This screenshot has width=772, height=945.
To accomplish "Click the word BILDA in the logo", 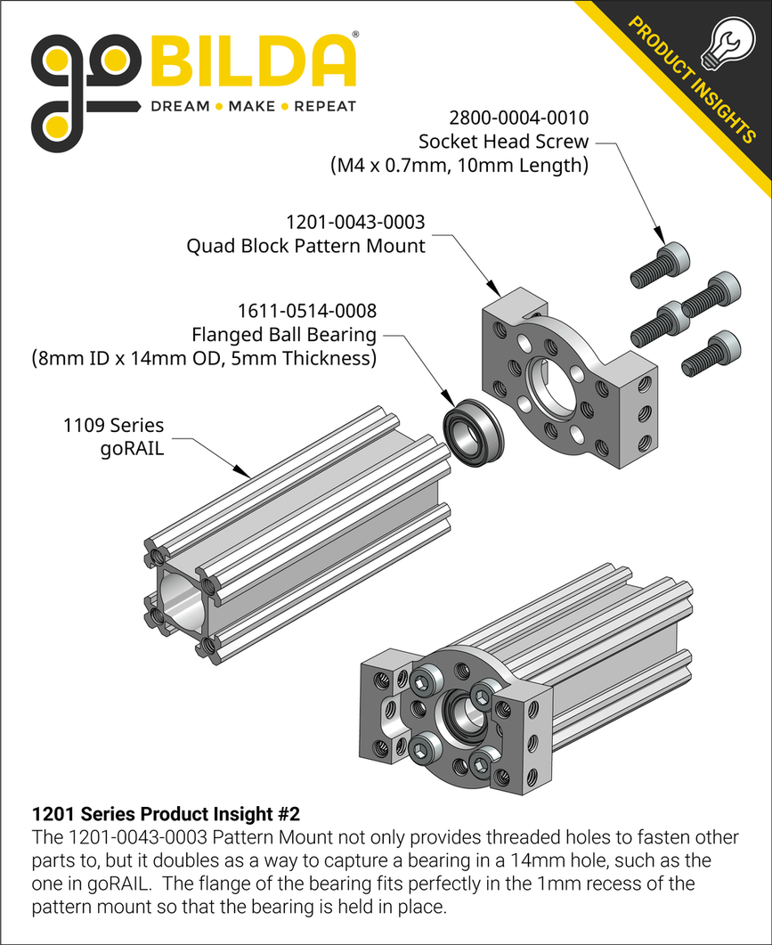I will pyautogui.click(x=255, y=62).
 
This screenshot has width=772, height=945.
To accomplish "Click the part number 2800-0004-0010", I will pyautogui.click(x=520, y=118).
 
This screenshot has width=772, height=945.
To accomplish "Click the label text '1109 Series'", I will pyautogui.click(x=113, y=425).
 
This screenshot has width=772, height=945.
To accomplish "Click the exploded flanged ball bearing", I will pyautogui.click(x=473, y=433).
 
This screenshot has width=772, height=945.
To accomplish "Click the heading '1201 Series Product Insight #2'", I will pyautogui.click(x=166, y=814).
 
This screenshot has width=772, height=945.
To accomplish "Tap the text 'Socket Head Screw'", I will pyautogui.click(x=504, y=141).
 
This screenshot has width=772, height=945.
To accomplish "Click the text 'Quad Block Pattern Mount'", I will pyautogui.click(x=305, y=246).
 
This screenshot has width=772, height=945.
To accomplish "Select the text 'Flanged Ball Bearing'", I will pyautogui.click(x=284, y=335).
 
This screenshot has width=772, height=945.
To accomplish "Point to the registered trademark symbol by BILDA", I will pyautogui.click(x=355, y=35).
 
